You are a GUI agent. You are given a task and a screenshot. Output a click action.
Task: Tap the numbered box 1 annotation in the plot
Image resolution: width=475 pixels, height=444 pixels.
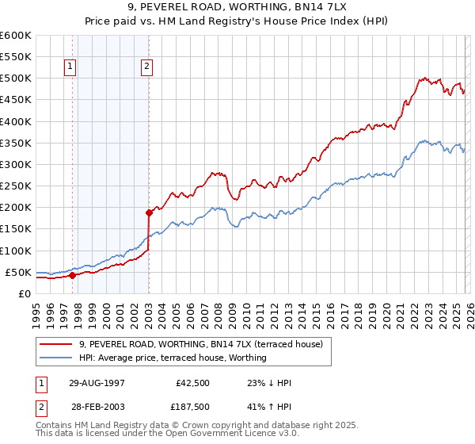(71, 67)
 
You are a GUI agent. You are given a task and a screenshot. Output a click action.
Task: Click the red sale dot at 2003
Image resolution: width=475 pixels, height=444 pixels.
(149, 212)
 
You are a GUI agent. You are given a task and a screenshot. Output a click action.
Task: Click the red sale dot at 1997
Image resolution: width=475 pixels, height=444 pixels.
(72, 275)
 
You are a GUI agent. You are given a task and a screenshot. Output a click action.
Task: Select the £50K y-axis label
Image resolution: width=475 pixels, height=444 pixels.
(18, 272)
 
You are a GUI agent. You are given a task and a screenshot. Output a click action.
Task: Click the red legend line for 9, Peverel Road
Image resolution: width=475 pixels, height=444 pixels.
(57, 345)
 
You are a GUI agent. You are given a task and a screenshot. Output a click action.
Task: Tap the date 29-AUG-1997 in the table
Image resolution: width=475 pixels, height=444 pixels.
(97, 383)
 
